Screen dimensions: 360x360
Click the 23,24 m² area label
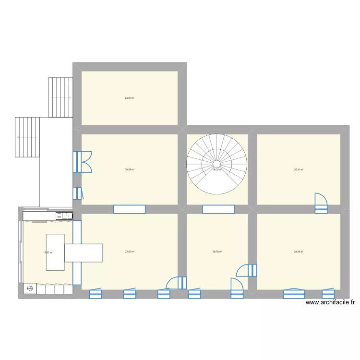click(x=130, y=98)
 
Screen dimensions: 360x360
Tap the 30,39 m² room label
click(x=130, y=169)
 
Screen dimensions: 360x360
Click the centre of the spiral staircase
click(x=217, y=164)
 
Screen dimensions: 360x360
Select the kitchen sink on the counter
click(x=63, y=216)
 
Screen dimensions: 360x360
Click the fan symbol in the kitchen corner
click(x=30, y=288)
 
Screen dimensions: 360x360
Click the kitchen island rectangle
click(x=55, y=252)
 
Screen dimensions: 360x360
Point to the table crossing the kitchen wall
click(x=84, y=252)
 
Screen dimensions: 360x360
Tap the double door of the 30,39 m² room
click(x=82, y=162)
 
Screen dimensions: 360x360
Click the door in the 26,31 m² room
click(x=321, y=203)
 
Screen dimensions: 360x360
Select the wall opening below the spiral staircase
click(x=218, y=209)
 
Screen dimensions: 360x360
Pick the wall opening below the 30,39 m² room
click(x=129, y=209)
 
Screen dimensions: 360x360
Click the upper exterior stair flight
click(x=60, y=97)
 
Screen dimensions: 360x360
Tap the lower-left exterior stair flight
click(x=27, y=137)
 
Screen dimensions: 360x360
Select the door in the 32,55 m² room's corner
click(x=176, y=283)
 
